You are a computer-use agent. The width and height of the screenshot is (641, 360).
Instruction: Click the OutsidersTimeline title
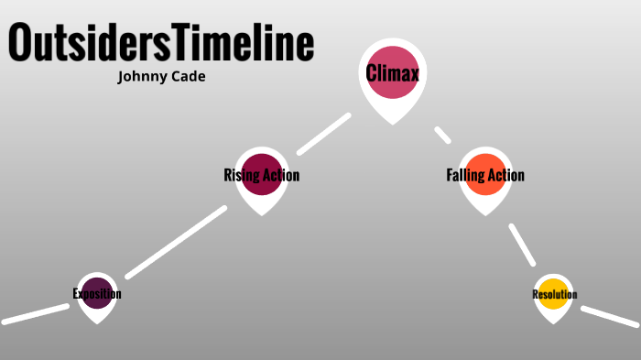point(161,43)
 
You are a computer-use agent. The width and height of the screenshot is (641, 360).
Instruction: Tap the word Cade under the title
point(186,77)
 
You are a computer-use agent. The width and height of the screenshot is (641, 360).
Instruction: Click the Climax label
point(392,73)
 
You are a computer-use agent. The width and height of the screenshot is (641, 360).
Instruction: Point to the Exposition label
point(97,294)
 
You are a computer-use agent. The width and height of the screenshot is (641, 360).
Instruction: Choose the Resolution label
point(554,294)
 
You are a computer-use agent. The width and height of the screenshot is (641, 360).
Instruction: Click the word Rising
point(240,175)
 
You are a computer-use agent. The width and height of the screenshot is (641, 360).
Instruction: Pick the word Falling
point(465,175)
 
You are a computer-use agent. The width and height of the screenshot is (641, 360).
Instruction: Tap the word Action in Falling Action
point(506,175)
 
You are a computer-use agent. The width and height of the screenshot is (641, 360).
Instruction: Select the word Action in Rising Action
point(281,175)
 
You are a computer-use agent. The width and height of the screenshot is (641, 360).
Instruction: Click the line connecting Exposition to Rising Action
point(176,242)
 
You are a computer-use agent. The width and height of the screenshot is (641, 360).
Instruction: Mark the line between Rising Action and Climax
point(324,134)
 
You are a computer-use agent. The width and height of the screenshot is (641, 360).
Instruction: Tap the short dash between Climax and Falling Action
point(443,136)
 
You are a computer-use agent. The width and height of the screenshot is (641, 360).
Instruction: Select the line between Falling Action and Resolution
point(522,245)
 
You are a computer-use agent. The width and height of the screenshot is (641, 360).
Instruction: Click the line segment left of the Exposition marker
point(35,313)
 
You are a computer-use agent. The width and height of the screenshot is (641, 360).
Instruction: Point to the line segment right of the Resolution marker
point(609,316)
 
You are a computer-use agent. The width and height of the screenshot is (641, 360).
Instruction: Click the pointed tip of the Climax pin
point(393,123)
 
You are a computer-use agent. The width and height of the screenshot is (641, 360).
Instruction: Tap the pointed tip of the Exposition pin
point(97,322)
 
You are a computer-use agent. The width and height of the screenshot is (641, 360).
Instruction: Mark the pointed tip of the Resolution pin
point(553,322)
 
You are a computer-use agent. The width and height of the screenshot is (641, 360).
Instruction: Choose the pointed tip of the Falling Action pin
point(484,214)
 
